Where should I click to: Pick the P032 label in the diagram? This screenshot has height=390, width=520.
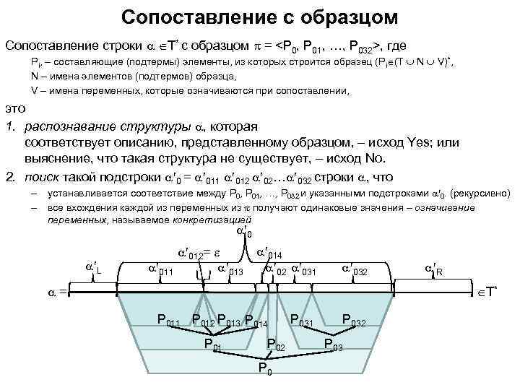(x=356, y=320)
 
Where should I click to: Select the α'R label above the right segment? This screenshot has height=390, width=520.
(x=435, y=269)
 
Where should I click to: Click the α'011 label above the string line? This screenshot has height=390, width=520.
(x=160, y=269)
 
